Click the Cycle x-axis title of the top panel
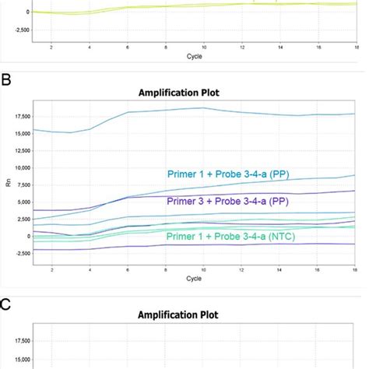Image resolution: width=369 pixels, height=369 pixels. point(195,56)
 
